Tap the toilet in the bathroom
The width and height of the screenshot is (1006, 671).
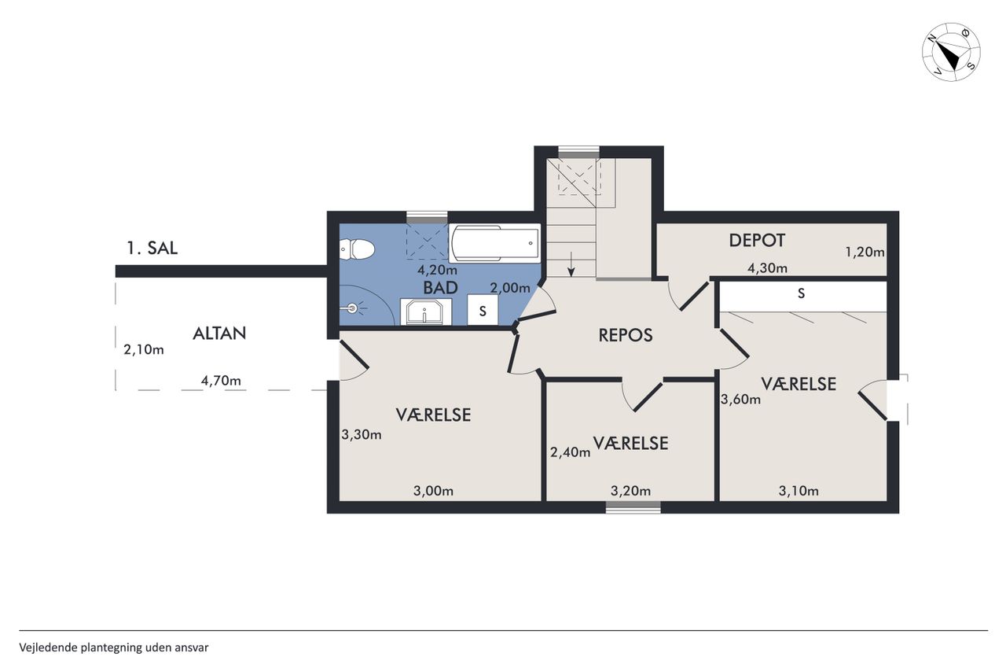point(357,249)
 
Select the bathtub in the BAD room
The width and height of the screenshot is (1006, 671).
point(494,243)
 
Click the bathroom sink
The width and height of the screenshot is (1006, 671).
point(425,312)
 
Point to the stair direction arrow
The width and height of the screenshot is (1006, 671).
point(571,264)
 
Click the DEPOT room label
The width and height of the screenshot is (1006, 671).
point(757,241)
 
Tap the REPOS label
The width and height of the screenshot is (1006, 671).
point(625,335)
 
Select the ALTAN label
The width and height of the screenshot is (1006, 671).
point(219,334)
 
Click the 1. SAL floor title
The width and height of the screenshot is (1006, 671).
point(152,248)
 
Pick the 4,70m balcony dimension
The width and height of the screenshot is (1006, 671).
point(221,381)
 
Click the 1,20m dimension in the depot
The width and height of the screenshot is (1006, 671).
point(865,253)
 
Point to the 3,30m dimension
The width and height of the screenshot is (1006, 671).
point(362,434)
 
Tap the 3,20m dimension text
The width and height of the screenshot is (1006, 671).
point(630,491)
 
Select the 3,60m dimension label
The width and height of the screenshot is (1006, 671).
point(740,399)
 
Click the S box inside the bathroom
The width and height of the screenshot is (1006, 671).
point(483,310)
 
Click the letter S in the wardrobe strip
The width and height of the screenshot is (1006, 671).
point(801,294)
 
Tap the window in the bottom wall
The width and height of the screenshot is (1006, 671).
point(633,507)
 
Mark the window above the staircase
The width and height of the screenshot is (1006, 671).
point(578,152)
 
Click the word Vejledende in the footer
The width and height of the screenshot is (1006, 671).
point(49,648)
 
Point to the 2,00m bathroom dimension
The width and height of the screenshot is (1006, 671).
point(510,288)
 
